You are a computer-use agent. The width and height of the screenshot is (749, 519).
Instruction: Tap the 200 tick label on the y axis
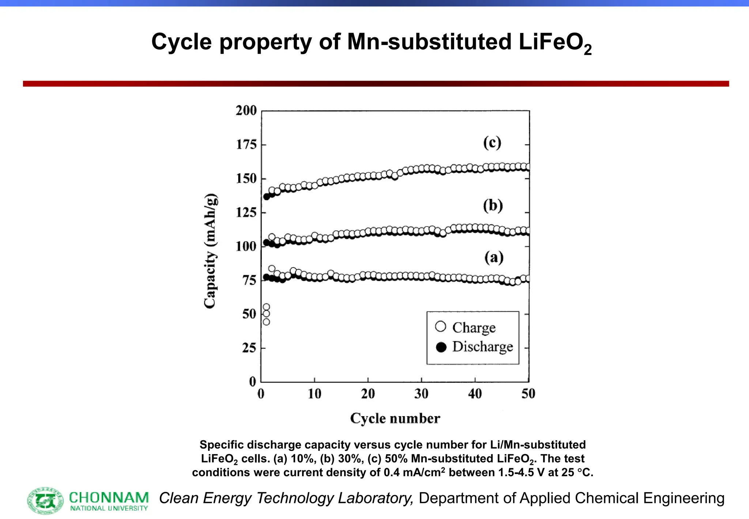point(246,111)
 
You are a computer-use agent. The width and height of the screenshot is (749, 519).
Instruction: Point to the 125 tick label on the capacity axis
point(246,212)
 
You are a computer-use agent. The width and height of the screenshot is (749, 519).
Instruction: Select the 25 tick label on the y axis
point(249,348)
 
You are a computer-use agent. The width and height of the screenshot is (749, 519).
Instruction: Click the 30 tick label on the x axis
point(421,394)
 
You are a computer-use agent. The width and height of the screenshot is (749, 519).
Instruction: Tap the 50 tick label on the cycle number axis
point(528,394)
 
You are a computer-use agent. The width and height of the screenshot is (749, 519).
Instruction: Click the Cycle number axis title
point(395,418)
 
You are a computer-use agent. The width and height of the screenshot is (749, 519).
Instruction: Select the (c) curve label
point(492,143)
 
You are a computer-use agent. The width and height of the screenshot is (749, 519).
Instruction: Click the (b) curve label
point(493,206)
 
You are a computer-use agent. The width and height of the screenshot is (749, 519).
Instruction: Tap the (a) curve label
point(494,258)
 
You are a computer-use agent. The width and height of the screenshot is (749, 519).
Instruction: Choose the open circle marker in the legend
point(441,326)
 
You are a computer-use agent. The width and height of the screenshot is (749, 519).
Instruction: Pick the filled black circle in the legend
point(441,347)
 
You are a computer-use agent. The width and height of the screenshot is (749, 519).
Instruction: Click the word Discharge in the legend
point(482,347)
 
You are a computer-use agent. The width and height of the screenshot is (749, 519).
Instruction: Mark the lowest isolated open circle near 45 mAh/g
point(266,322)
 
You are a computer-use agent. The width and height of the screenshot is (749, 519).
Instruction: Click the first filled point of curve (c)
point(267,197)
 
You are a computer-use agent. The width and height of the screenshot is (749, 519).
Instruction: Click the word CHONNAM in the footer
point(109,497)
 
